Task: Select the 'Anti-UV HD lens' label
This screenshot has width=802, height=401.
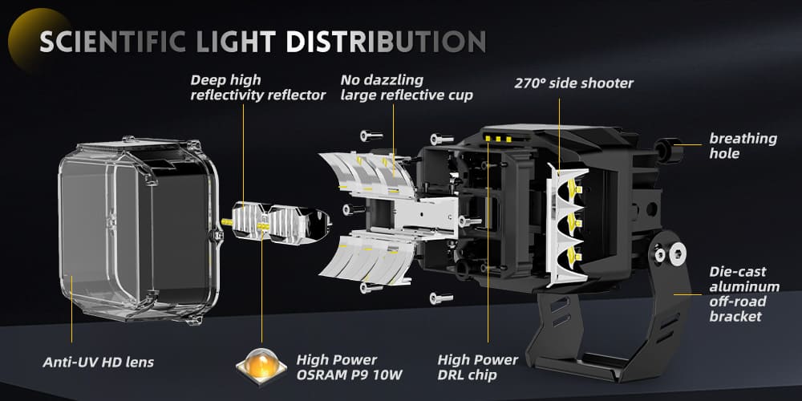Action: (98, 363)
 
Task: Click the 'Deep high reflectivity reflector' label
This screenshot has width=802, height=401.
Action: (258, 87)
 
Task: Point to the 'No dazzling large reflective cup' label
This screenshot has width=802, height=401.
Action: (407, 87)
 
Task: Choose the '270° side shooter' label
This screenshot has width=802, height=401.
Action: (573, 83)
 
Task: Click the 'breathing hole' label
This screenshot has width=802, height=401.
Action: (743, 145)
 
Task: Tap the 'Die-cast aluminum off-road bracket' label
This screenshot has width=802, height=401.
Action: (744, 294)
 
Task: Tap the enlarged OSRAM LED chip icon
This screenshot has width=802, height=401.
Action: (261, 365)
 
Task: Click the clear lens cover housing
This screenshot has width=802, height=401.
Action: (136, 229)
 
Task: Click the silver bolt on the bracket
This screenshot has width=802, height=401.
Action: (661, 255)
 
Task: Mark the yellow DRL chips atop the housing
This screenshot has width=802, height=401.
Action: (497, 138)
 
